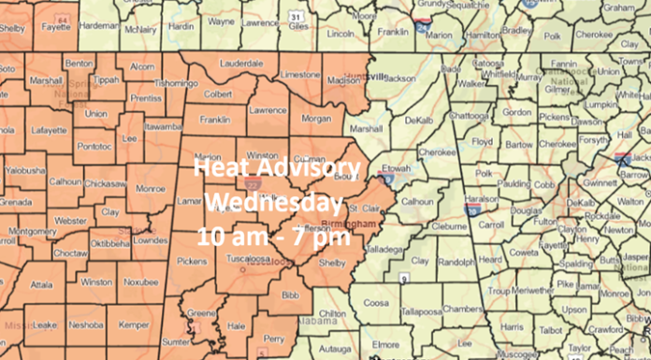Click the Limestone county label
(x=300, y=74)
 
